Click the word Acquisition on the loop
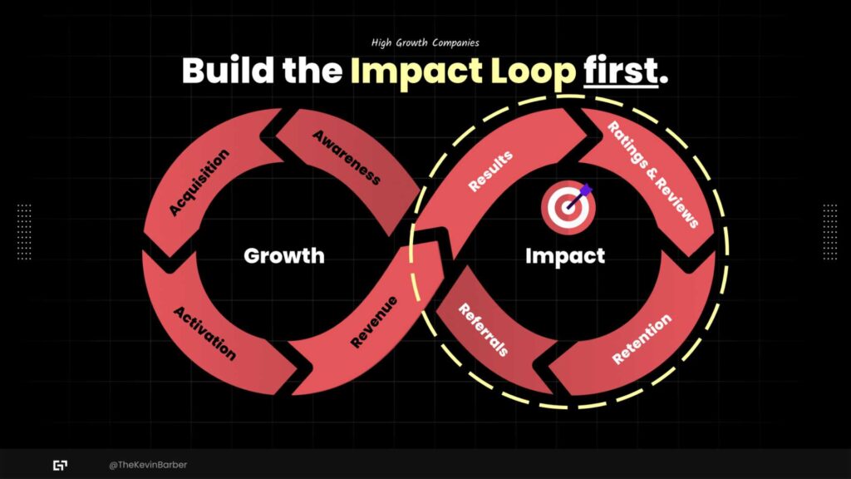tap(199, 182)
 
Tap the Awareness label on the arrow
tap(347, 157)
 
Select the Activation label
tap(204, 333)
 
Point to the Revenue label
tap(374, 322)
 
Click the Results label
tap(490, 171)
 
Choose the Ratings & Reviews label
tap(652, 175)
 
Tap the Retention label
tap(642, 339)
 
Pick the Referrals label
tap(483, 329)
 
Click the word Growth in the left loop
tap(284, 255)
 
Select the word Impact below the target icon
tap(565, 256)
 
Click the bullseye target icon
tap(568, 207)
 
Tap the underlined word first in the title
tap(620, 71)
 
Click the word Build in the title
tap(228, 71)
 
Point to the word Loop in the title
tap(533, 72)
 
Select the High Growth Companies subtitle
tap(425, 42)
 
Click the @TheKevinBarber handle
tap(148, 465)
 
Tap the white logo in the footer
tap(60, 466)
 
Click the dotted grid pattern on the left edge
tap(24, 232)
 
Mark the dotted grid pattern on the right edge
tap(830, 232)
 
